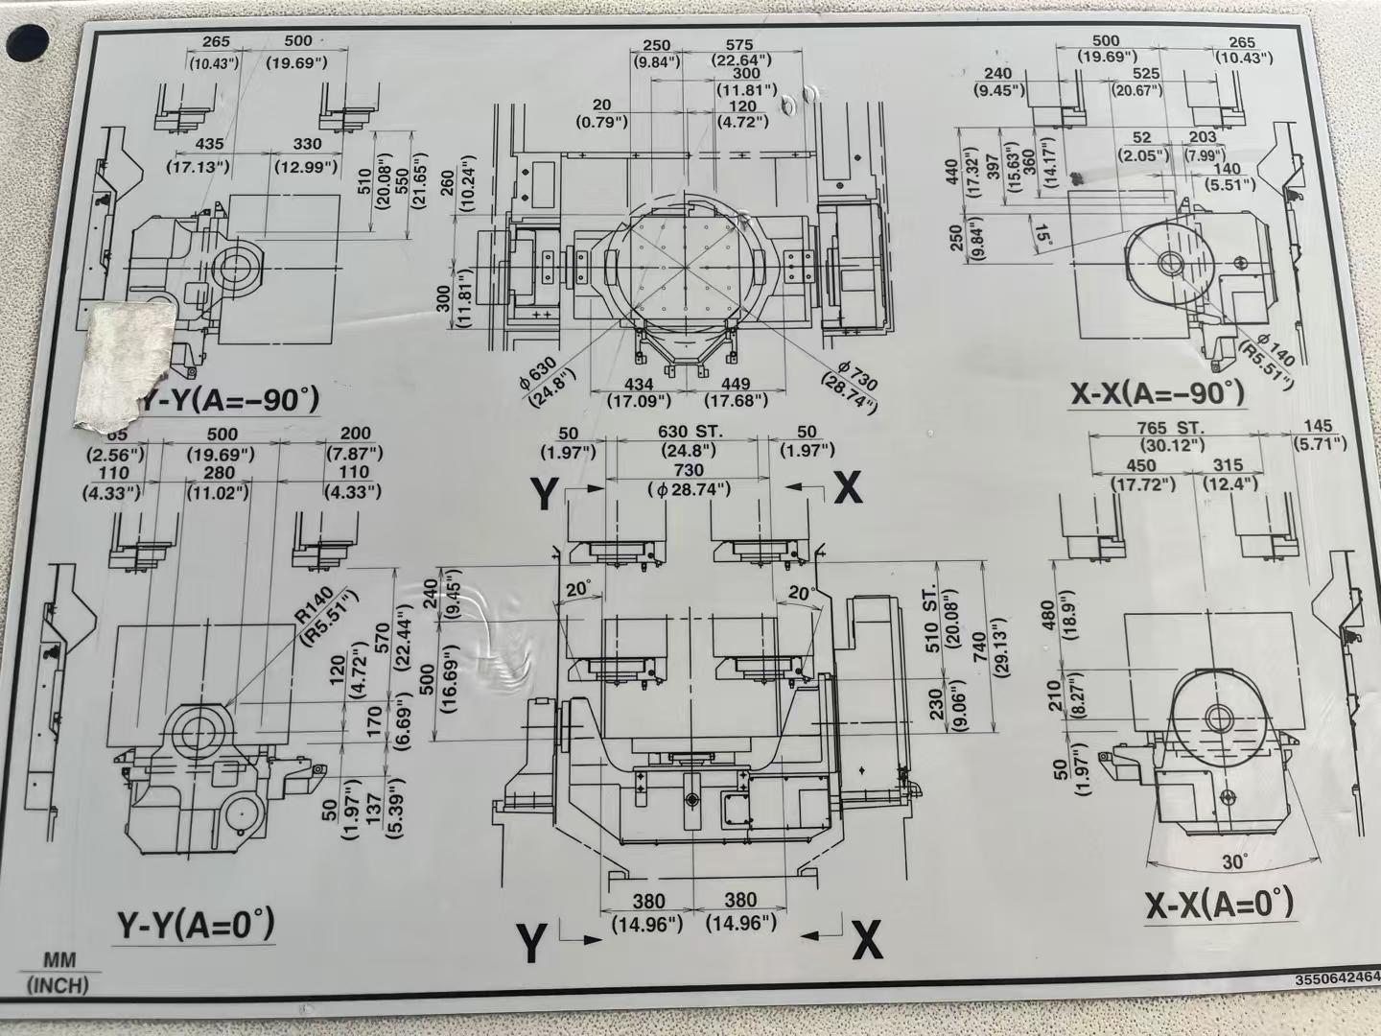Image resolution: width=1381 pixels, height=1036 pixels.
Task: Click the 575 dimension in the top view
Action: point(739,45)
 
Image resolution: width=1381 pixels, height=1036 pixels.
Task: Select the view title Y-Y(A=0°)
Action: point(196,926)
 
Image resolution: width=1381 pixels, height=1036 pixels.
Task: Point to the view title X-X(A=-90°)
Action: point(1158,392)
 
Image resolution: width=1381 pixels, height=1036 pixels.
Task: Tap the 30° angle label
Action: point(1234,861)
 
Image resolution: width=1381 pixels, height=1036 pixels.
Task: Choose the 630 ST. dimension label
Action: point(690,432)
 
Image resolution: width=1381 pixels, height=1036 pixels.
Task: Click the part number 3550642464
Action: point(1336,979)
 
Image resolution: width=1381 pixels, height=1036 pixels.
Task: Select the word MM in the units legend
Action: point(59,960)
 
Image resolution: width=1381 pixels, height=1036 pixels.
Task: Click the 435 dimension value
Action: point(209,144)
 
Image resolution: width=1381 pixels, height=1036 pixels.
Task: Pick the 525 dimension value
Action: point(1145,73)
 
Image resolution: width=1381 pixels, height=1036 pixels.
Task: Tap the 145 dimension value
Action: point(1318,426)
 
